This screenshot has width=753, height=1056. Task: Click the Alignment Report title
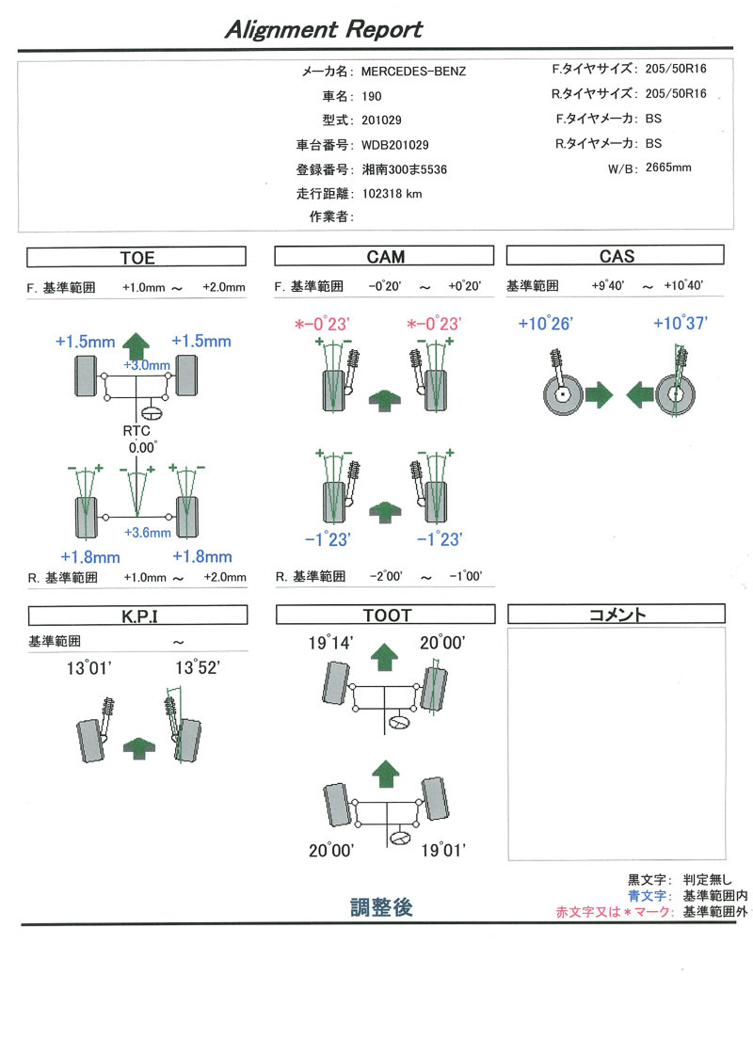(323, 30)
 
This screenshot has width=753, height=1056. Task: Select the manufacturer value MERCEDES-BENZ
(413, 72)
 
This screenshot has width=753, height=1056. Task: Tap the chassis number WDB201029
(395, 145)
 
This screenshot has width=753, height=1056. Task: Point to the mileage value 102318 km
(392, 194)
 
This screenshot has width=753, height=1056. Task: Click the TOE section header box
(136, 257)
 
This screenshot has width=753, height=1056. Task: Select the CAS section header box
(616, 256)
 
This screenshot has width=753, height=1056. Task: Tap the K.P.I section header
(138, 616)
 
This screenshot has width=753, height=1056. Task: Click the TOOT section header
(386, 616)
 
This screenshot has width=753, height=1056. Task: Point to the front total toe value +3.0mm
(147, 365)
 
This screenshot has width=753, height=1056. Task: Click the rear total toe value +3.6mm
(149, 533)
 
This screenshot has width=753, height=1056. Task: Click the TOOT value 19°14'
(330, 645)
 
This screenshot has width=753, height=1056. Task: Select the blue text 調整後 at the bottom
(381, 908)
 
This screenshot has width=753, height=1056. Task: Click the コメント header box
(616, 616)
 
